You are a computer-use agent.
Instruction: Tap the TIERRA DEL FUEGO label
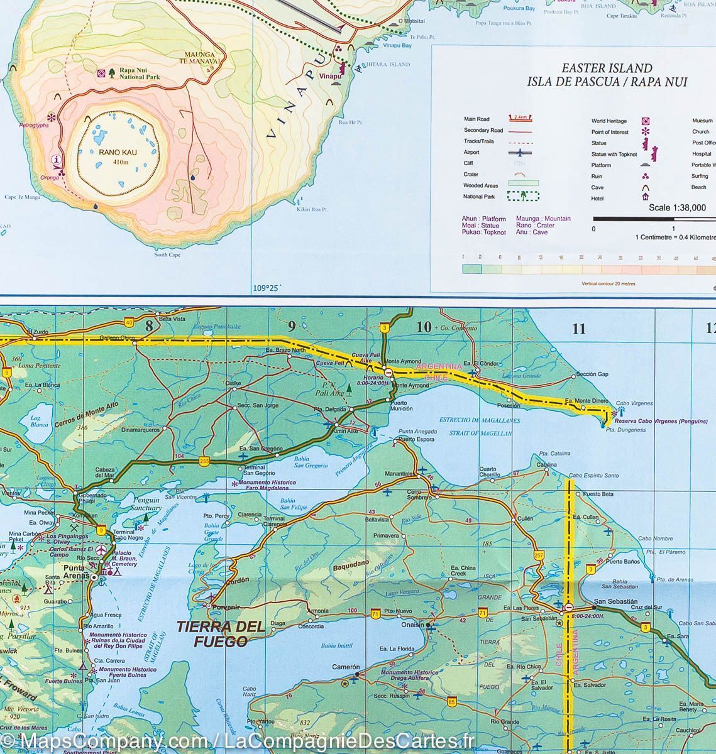pos(211,634)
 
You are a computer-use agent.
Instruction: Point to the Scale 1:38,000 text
pos(677,208)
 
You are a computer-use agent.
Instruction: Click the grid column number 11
pos(578,329)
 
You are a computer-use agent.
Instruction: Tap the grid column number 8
pos(149,325)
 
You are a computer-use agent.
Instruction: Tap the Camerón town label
pos(346,667)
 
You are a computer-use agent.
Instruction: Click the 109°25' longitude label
pos(265,288)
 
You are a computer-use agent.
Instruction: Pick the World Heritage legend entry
pos(609,121)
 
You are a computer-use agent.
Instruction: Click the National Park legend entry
pos(479,197)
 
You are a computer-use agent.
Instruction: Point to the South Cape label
pos(167,254)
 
